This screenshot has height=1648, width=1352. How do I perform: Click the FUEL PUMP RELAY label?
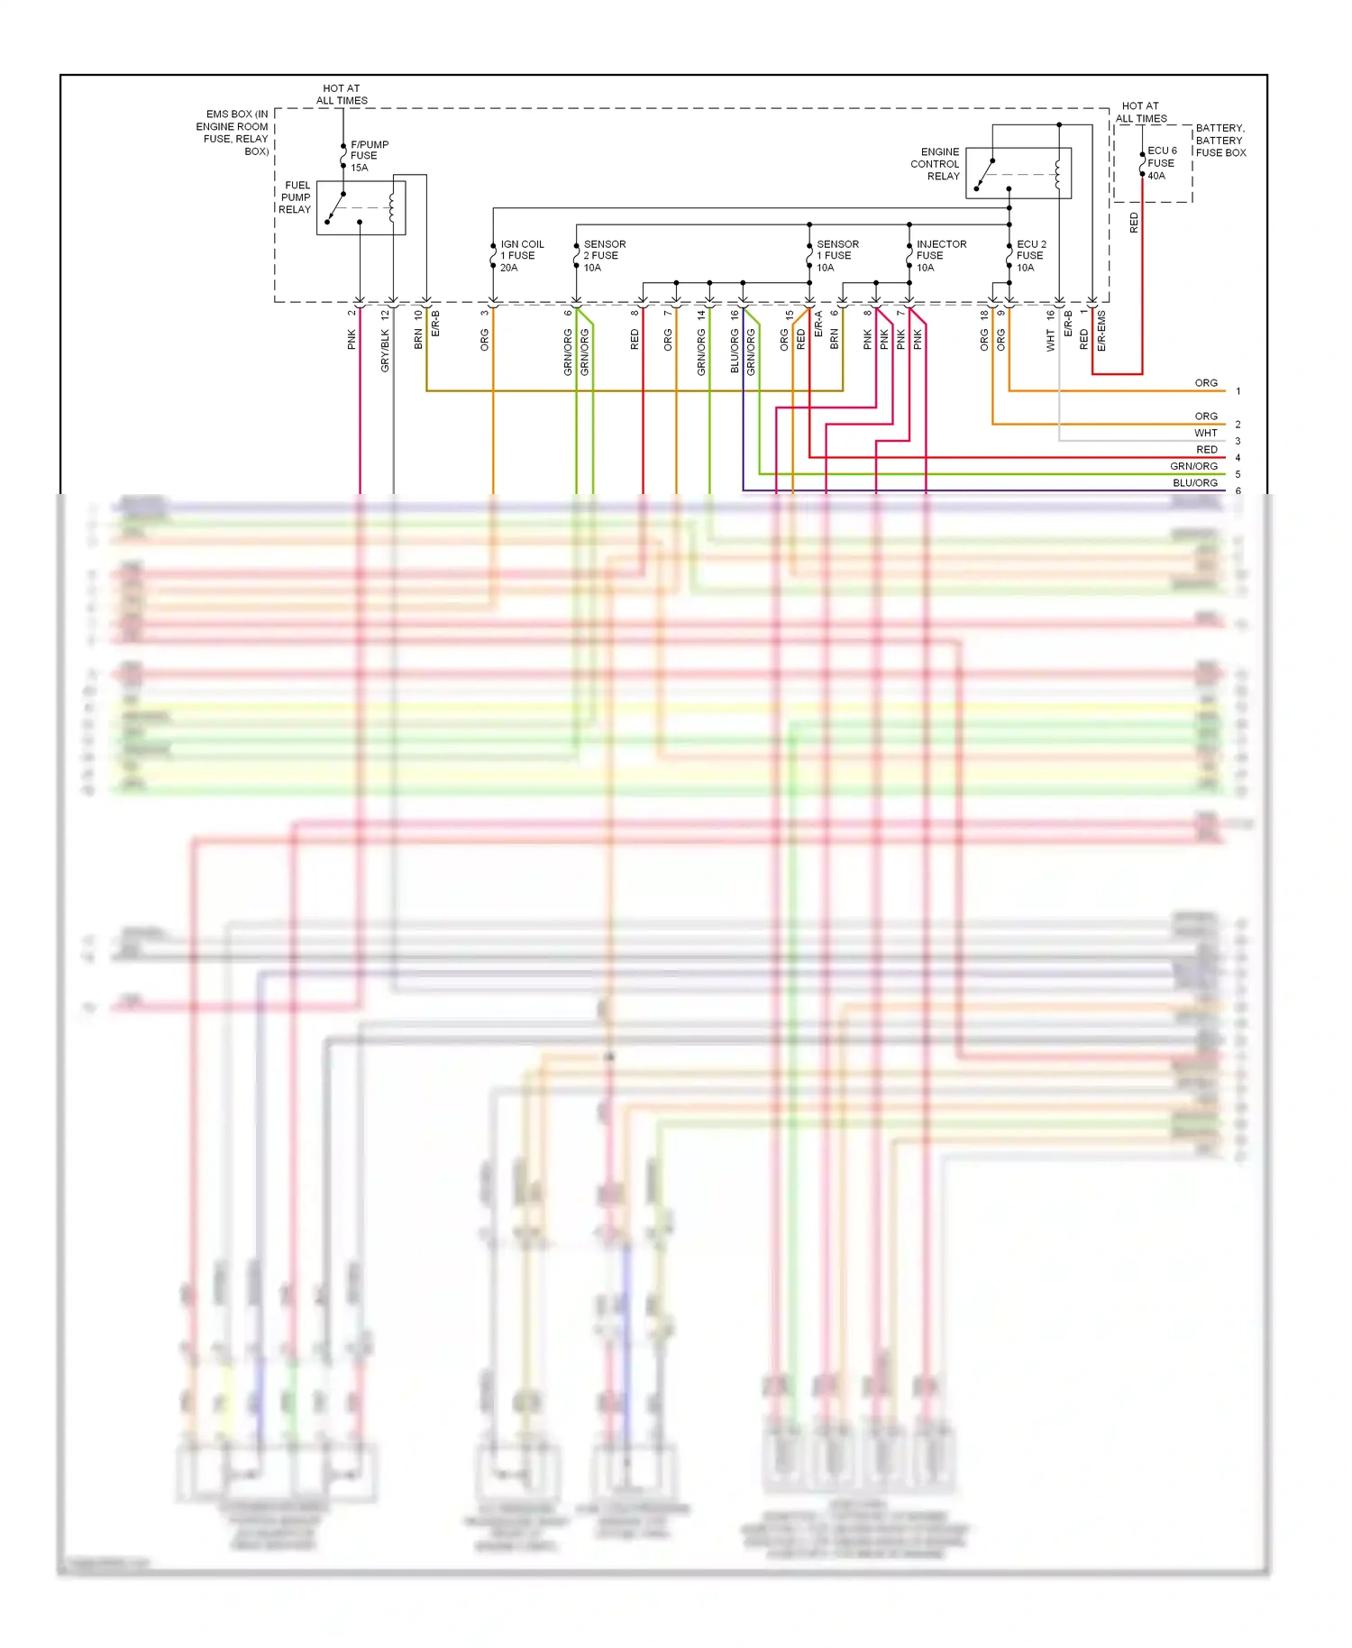click(x=295, y=197)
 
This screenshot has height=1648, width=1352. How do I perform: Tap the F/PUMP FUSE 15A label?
click(x=369, y=156)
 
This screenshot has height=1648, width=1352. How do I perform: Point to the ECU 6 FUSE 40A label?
click(x=1161, y=163)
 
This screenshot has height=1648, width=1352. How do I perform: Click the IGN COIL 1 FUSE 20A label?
click(x=521, y=256)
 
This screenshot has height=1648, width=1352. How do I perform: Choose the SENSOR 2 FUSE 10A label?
click(x=603, y=256)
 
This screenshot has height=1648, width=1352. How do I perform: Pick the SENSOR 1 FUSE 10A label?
click(x=836, y=256)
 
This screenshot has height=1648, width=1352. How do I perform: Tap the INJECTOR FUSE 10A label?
click(x=940, y=256)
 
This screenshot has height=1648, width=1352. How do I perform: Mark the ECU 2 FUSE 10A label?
click(x=1030, y=256)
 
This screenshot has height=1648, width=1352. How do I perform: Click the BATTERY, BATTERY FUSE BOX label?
click(x=1220, y=141)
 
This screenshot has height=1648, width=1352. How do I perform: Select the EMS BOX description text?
click(x=233, y=133)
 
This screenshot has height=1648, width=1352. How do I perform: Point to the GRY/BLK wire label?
click(x=386, y=350)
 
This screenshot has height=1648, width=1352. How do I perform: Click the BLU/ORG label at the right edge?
click(x=1194, y=483)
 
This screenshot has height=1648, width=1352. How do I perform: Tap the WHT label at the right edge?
click(x=1205, y=434)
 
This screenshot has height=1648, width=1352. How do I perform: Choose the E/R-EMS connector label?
click(x=1101, y=332)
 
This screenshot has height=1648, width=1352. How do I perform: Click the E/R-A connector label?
click(x=818, y=325)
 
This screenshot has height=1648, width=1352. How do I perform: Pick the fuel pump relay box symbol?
click(x=361, y=208)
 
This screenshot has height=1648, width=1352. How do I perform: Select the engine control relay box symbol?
click(x=1018, y=173)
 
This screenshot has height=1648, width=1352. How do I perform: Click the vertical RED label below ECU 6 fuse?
click(x=1134, y=223)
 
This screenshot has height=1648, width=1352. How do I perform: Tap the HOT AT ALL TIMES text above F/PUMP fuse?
click(x=342, y=95)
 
